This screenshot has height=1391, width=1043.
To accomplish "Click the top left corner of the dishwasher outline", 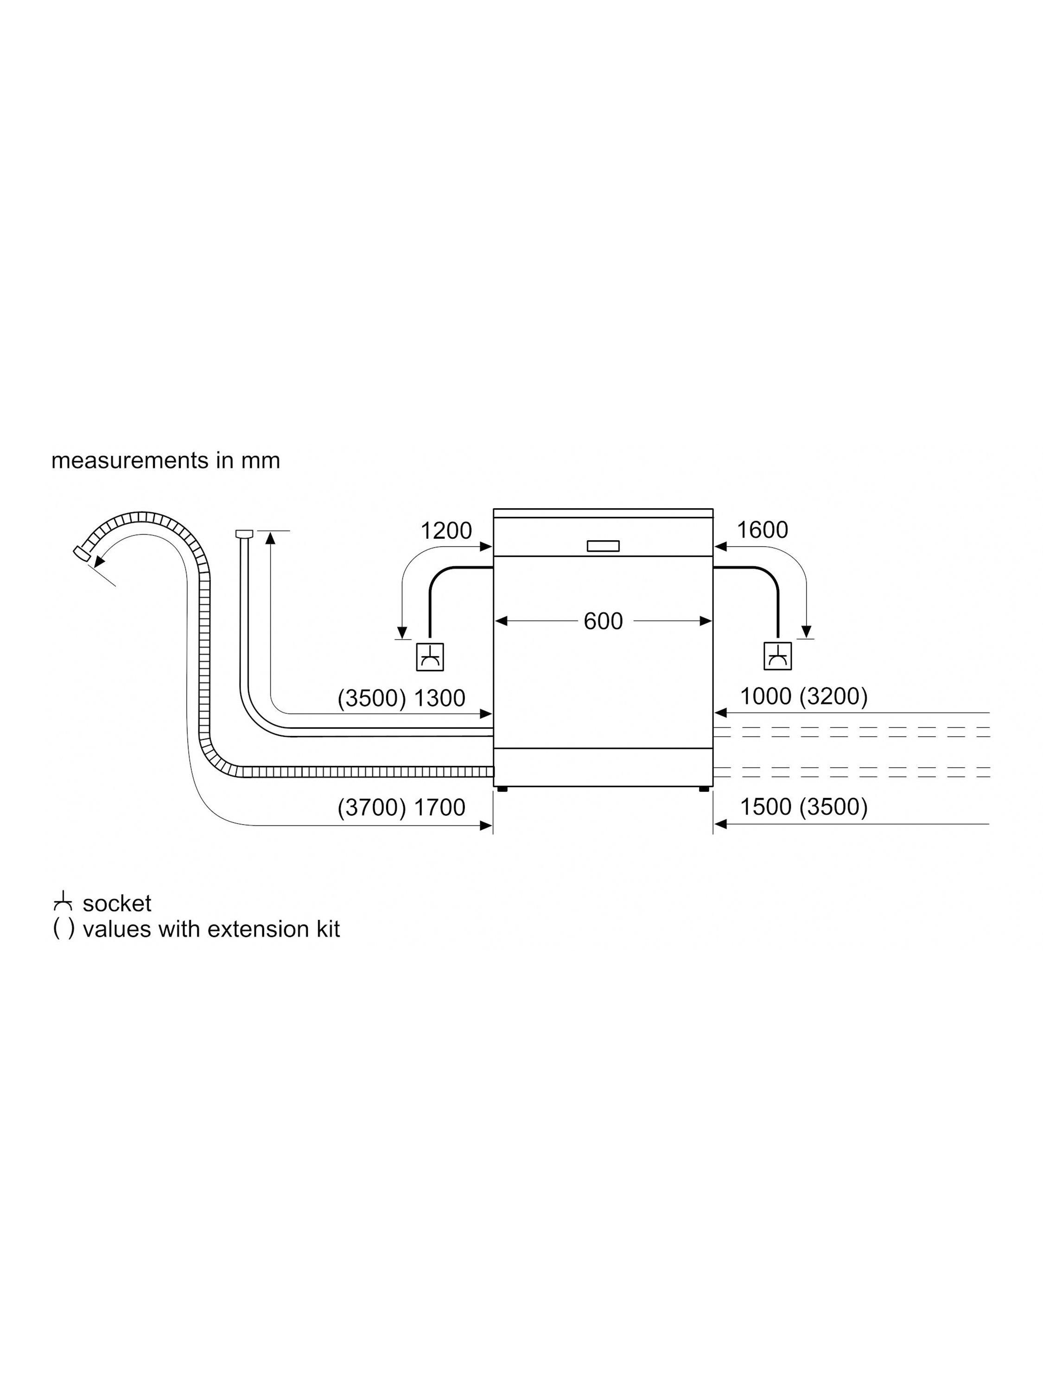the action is pyautogui.click(x=494, y=508).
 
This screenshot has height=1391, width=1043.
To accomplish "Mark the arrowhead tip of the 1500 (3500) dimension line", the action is pyautogui.click(x=715, y=824).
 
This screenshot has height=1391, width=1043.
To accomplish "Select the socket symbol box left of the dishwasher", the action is pyautogui.click(x=430, y=657).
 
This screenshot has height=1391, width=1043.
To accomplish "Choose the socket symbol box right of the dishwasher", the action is pyautogui.click(x=778, y=657).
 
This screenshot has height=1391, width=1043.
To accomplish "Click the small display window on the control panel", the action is pyautogui.click(x=603, y=546).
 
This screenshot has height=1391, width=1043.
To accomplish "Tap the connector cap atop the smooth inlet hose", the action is pyautogui.click(x=244, y=534).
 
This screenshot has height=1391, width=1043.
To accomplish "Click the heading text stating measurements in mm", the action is pyautogui.click(x=165, y=461).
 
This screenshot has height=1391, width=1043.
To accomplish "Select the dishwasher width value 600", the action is pyautogui.click(x=603, y=621).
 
